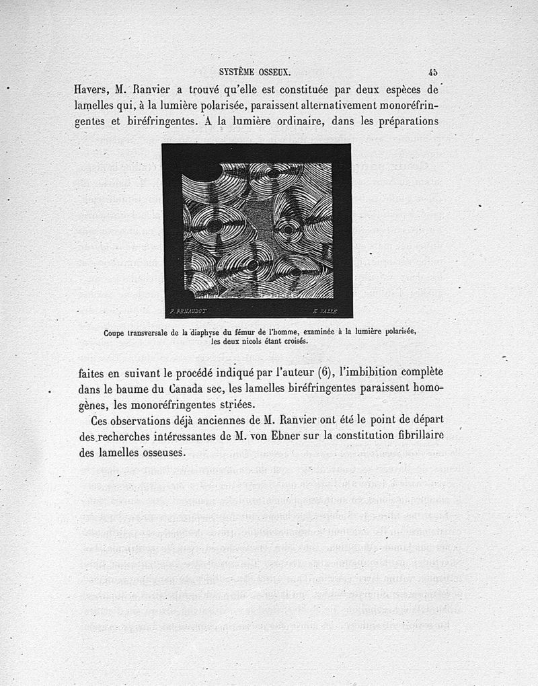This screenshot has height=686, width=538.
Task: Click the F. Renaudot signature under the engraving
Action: (188, 311)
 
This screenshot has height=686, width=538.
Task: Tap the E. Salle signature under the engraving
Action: (324, 311)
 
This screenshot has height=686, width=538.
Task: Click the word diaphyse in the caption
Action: (192, 332)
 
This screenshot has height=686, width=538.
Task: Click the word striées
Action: (233, 405)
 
